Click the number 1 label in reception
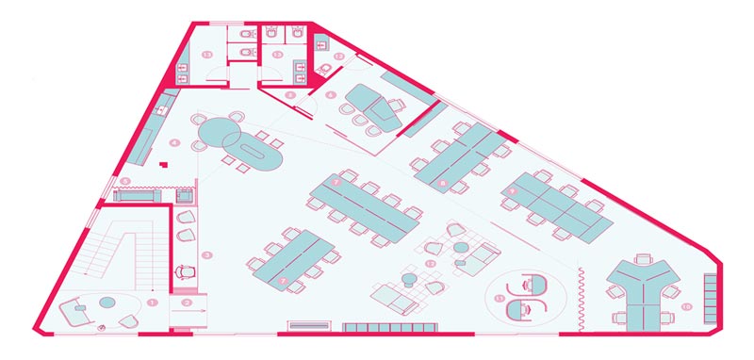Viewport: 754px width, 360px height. pyautogui.click(x=151, y=301)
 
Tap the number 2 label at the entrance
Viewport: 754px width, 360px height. pyautogui.click(x=187, y=303)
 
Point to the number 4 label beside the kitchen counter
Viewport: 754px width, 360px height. pyautogui.click(x=175, y=143)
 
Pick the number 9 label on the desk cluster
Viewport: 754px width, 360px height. pyautogui.click(x=513, y=191)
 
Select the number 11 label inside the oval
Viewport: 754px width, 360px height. pyautogui.click(x=500, y=298)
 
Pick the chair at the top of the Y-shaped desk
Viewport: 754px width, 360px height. pyautogui.click(x=644, y=256)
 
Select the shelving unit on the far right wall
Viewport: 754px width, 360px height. pyautogui.click(x=711, y=291)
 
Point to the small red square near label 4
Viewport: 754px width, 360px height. pyautogui.click(x=164, y=166)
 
